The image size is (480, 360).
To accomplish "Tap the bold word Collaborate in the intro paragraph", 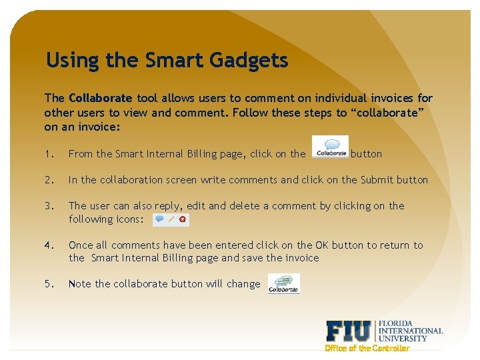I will tap(100, 99).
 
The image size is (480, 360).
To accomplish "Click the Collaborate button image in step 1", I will tap(330, 147).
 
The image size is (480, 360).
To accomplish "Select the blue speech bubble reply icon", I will tap(160, 219).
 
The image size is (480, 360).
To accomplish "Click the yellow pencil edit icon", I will tap(171, 219).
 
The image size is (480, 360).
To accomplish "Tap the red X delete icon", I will tap(182, 219).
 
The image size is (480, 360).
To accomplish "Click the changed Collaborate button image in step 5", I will tap(284, 283).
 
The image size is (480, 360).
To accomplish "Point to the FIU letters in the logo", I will tap(349, 331).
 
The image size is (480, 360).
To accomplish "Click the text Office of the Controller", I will tap(367, 348).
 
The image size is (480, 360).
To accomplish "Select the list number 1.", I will tap(49, 154).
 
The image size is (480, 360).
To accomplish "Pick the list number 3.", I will tap(49, 206).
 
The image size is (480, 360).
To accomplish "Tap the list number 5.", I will tap(49, 284).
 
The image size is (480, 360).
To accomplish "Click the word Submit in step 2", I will tap(377, 180).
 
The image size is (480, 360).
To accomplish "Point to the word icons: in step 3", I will tap(129, 219).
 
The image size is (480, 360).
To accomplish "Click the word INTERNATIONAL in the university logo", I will tap(411, 331).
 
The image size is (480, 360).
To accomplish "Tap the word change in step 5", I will tap(243, 284).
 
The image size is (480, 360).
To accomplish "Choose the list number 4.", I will tap(49, 245).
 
